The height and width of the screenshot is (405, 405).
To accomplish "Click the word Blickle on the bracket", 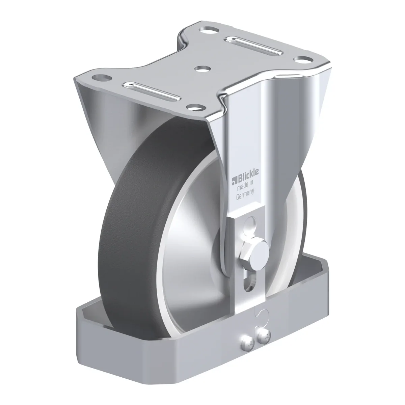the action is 248,175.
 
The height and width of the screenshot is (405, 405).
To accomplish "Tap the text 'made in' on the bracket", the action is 245,186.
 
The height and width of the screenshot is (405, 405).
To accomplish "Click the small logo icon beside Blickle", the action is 234,181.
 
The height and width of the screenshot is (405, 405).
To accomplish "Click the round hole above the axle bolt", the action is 251,224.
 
